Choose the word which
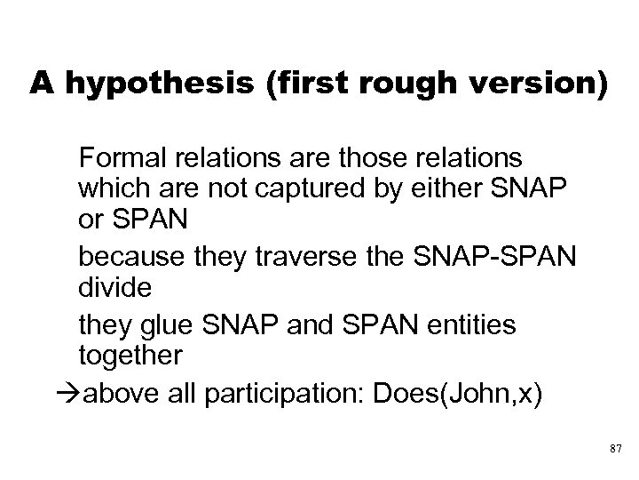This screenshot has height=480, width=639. [110, 189]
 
